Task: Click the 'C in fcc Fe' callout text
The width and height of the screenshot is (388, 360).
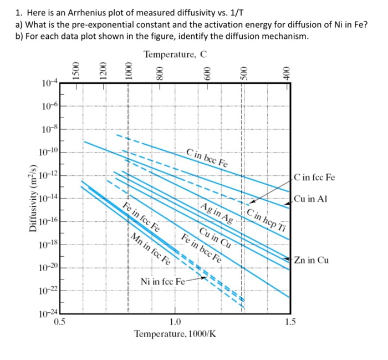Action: [x=315, y=178]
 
